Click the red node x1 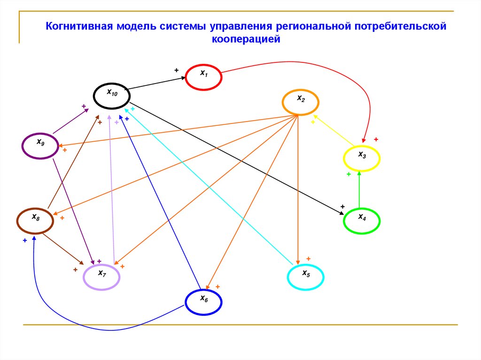click(203, 77)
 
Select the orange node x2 click(301, 101)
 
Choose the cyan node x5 click(305, 277)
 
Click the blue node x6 click(203, 302)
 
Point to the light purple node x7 click(102, 276)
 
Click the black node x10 click(112, 96)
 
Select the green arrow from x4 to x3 click(359, 190)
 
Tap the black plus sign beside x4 click(342, 207)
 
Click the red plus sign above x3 click(376, 139)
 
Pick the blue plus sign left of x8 click(24, 240)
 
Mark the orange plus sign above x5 click(309, 259)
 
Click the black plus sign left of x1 click(177, 70)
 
